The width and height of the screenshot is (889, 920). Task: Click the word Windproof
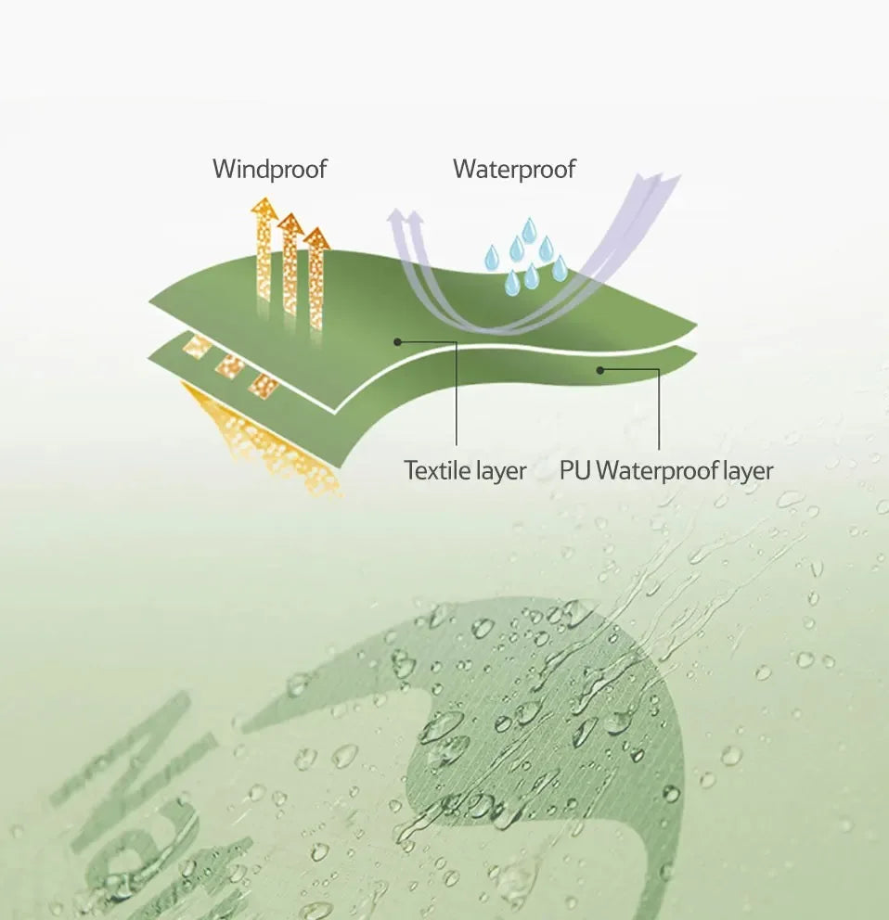(270, 170)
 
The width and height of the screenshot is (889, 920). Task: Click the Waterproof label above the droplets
(514, 170)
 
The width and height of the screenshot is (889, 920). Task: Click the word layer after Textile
(502, 471)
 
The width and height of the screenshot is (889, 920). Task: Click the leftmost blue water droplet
(492, 258)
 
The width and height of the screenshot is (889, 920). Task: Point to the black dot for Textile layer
(398, 341)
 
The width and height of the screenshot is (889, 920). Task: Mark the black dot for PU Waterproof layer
(600, 370)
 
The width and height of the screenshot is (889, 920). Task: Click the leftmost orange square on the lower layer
(198, 347)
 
